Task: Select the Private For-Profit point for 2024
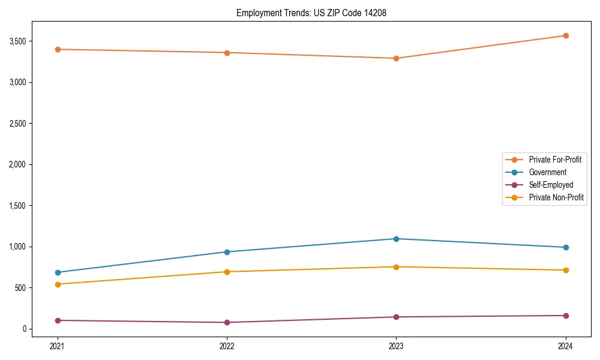pos(565,35)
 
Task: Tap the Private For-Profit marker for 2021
pos(58,49)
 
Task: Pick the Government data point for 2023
pos(396,239)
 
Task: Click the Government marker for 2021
pos(58,272)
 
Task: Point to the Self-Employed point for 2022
pos(227,322)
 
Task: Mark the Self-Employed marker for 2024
pos(565,316)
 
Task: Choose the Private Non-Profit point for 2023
pos(396,267)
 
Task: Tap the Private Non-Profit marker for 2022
pos(227,272)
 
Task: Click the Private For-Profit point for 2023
pos(396,58)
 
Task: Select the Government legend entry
pos(547,172)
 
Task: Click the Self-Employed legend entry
pos(551,185)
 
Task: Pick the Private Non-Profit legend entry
pos(556,197)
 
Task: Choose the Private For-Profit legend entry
pos(555,160)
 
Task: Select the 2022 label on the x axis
pos(227,346)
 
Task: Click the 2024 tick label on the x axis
pos(565,346)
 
